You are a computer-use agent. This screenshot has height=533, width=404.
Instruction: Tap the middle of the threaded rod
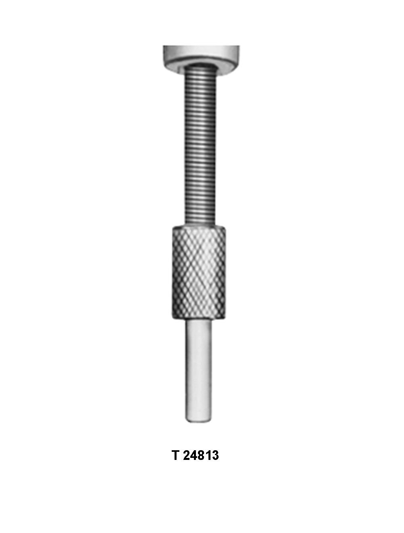click(202, 145)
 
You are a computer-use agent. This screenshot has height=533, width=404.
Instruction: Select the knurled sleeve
click(198, 273)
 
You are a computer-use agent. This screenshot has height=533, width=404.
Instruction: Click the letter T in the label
click(175, 455)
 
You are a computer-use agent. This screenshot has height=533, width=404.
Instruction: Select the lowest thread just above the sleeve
click(202, 221)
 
